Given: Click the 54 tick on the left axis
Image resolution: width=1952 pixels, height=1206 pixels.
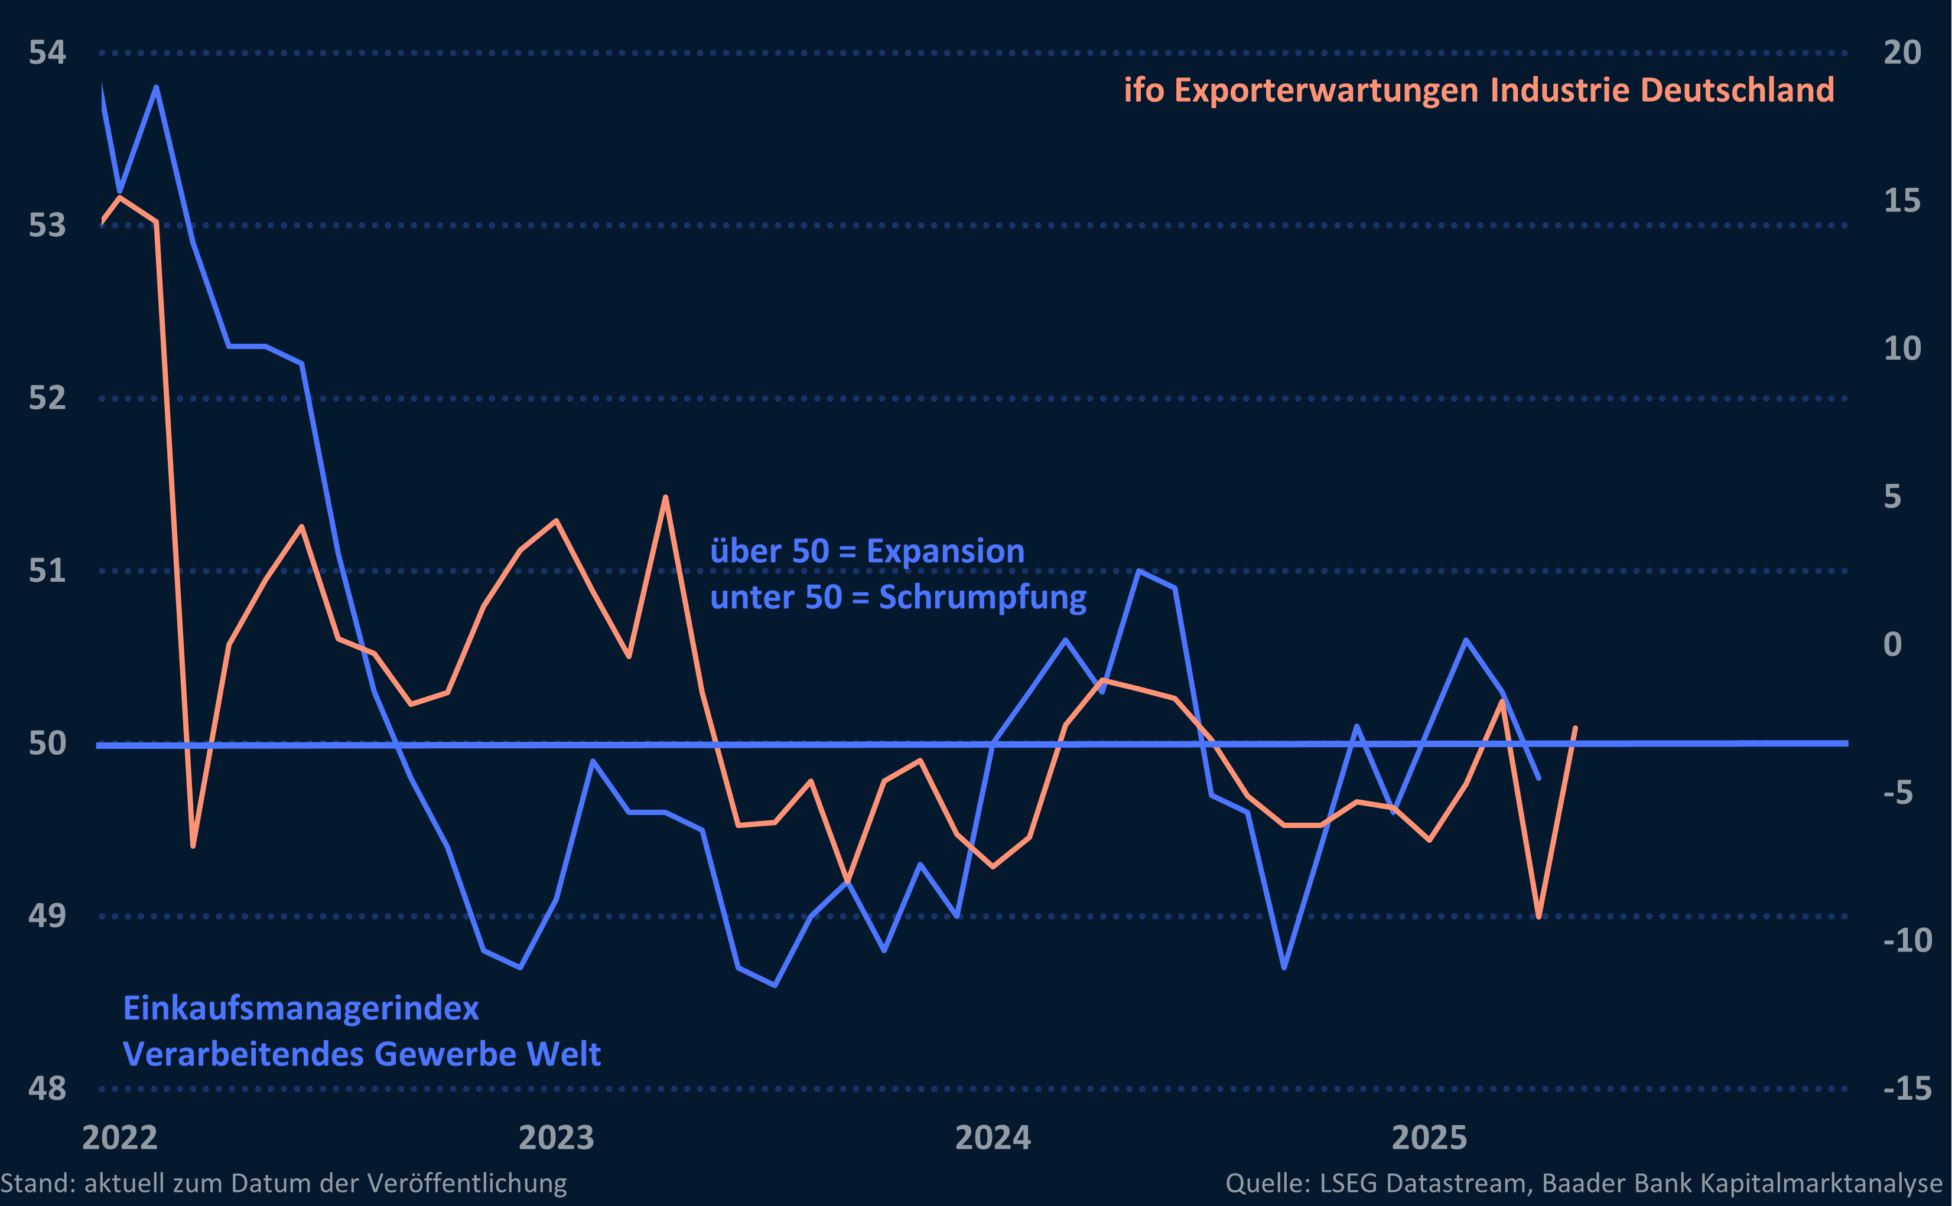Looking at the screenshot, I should click(x=47, y=53).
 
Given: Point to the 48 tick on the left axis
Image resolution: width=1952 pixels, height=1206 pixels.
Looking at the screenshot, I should click(x=47, y=1088).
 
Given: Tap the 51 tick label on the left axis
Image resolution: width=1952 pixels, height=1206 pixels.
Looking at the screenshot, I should click(x=47, y=571).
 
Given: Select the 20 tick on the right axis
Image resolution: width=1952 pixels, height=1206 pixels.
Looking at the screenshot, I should click(x=1902, y=53).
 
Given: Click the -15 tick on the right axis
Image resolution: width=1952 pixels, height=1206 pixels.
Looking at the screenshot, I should click(x=1907, y=1088).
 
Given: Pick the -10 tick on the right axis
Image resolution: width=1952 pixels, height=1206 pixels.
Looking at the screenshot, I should click(x=1907, y=940).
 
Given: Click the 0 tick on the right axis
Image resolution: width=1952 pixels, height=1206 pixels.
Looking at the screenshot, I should click(x=1892, y=644).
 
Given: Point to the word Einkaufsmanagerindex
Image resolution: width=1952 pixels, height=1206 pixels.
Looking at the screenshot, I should click(x=301, y=1009).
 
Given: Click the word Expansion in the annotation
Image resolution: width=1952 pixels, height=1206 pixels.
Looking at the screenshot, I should click(x=945, y=551).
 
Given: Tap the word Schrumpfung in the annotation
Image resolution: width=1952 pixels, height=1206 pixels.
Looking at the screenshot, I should click(x=982, y=598).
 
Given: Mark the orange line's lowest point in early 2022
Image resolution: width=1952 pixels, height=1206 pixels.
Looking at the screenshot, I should click(x=193, y=846).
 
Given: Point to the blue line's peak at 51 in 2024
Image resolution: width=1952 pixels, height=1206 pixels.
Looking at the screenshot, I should click(x=1139, y=571).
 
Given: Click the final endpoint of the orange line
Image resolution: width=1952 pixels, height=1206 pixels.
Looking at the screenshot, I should click(x=1574, y=728).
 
